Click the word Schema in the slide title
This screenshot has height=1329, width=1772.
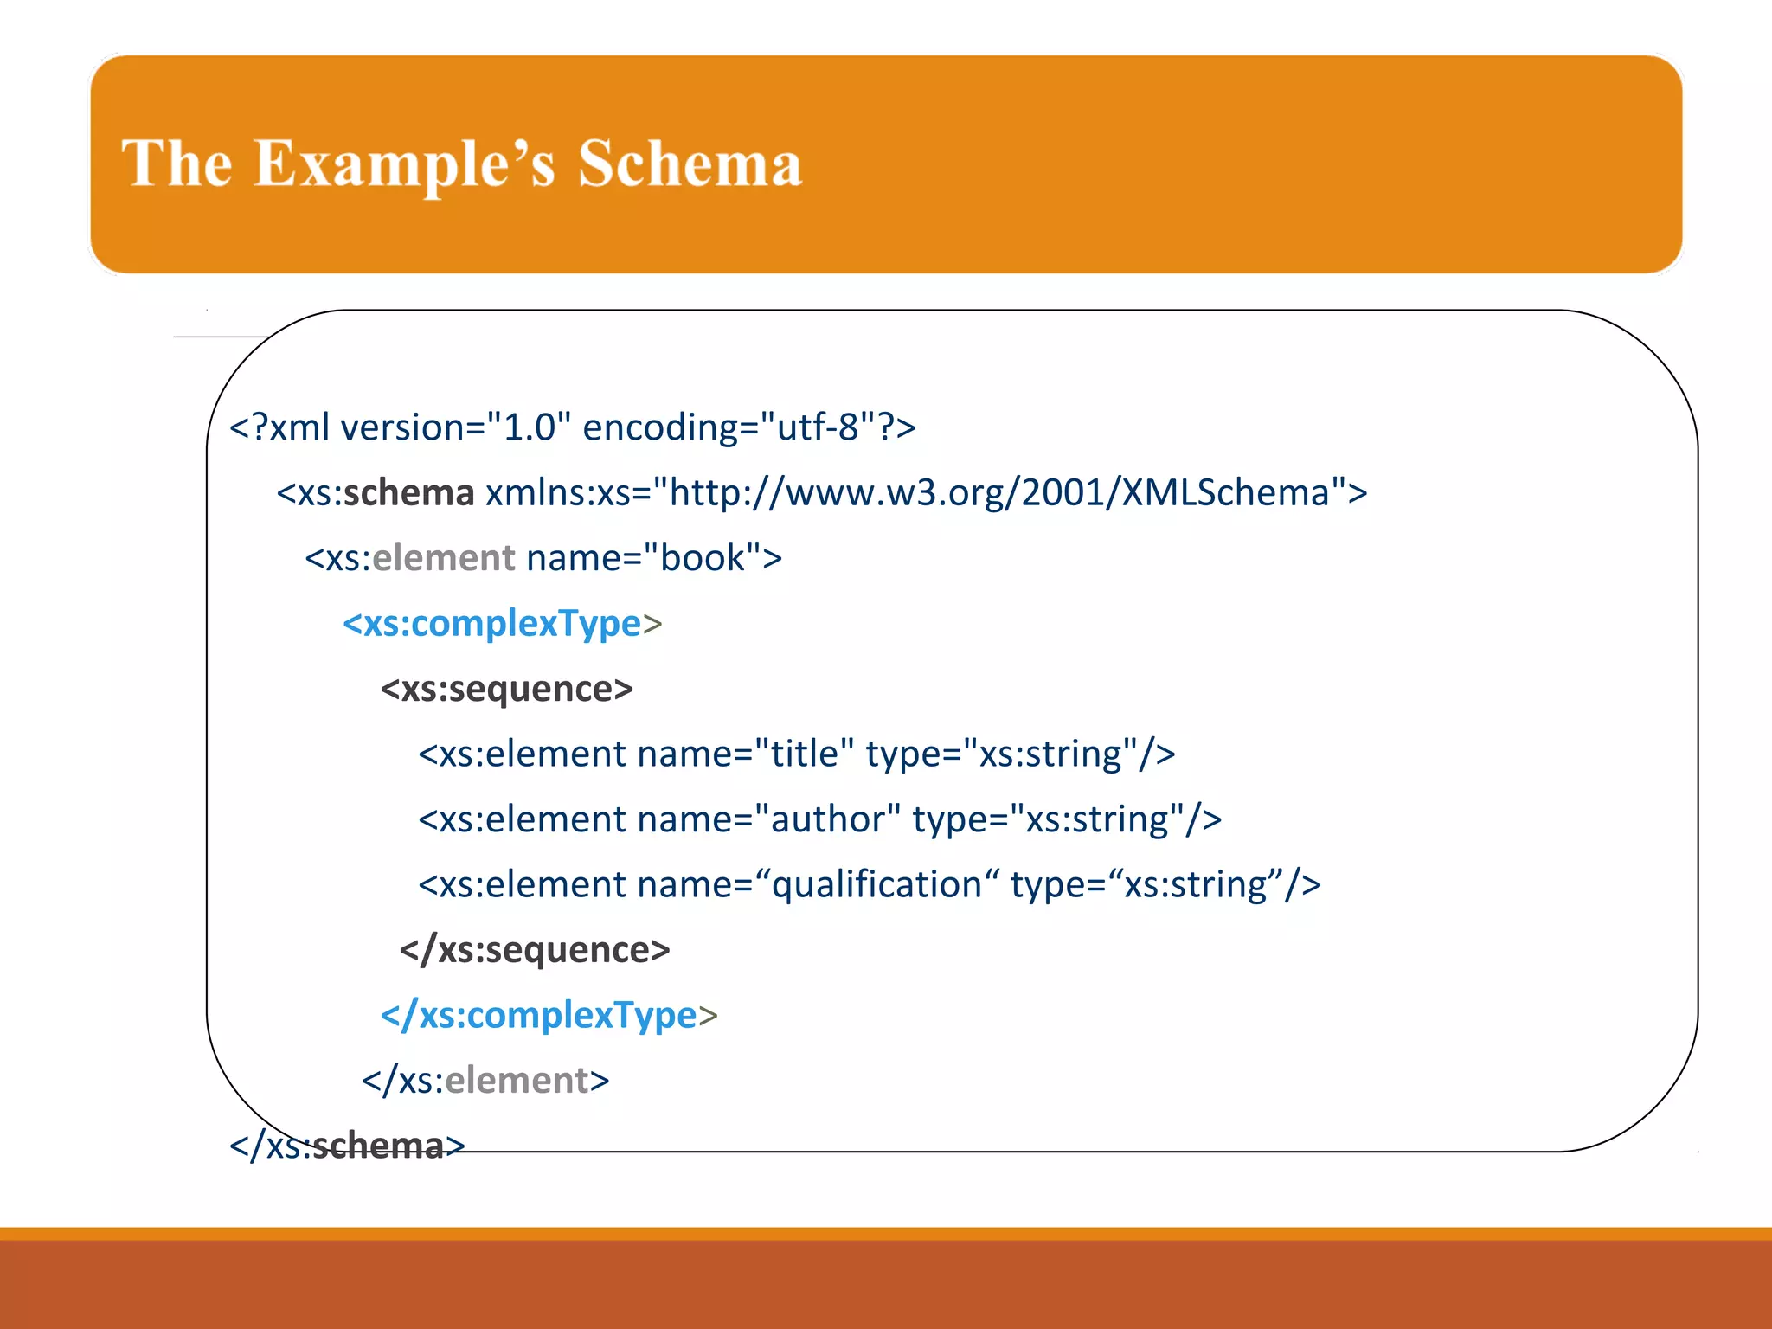pos(690,164)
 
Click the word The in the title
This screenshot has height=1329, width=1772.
pos(177,164)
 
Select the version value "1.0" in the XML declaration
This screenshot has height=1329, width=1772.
pos(529,427)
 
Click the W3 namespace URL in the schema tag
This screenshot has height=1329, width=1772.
pos(999,493)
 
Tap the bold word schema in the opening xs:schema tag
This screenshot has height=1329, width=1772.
pos(408,493)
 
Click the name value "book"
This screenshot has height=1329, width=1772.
pos(703,558)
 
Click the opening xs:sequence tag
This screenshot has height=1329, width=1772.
pos(507,689)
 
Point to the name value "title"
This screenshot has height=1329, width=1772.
pos(805,754)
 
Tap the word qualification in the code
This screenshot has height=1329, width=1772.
pos(876,885)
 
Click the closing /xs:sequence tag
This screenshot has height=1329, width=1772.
pos(535,950)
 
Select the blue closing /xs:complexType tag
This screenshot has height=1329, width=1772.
pos(549,1016)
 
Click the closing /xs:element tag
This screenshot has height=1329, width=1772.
pos(485,1081)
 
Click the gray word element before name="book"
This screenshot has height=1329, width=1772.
pos(444,558)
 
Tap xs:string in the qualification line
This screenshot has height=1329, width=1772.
pos(1196,885)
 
